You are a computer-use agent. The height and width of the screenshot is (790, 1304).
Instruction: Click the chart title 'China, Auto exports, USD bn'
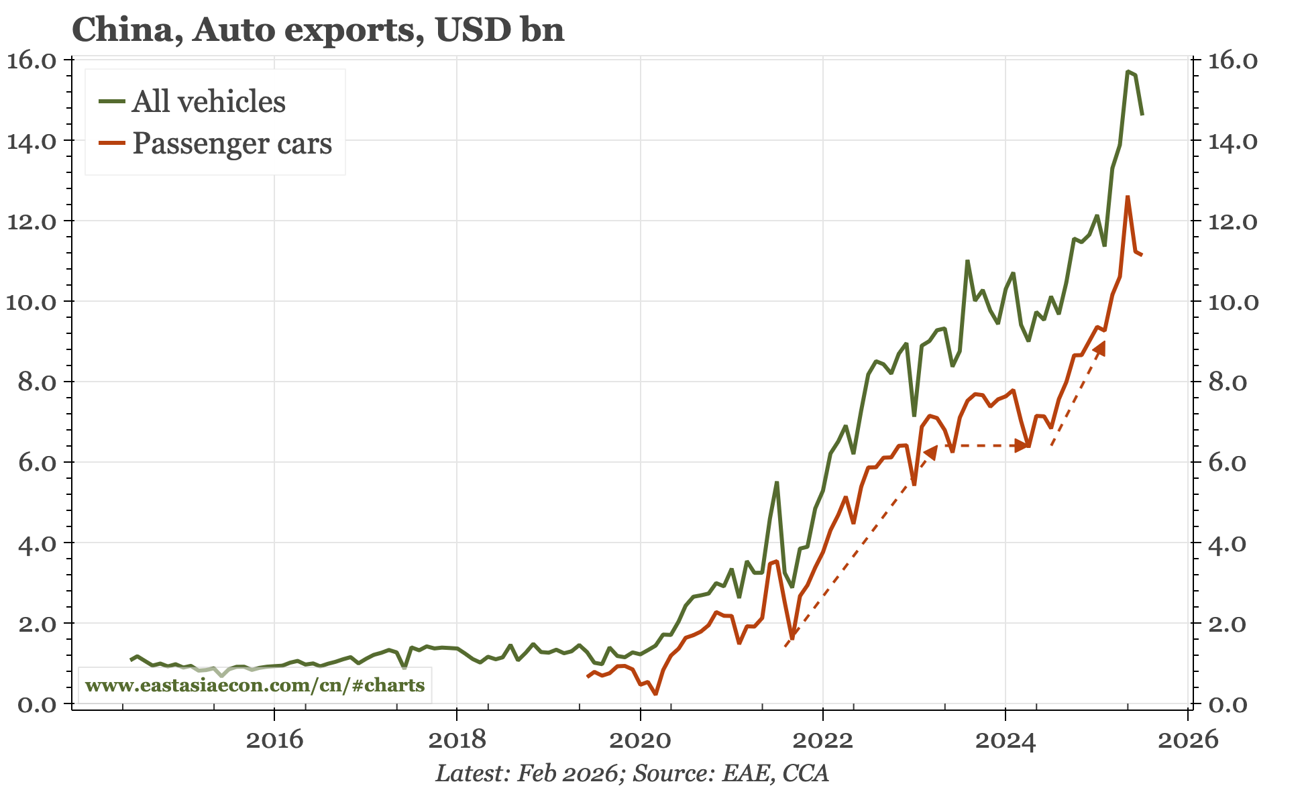pos(317,30)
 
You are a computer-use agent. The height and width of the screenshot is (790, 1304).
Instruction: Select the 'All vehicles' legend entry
pos(209,102)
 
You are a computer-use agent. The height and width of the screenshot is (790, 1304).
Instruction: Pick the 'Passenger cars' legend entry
pos(231,144)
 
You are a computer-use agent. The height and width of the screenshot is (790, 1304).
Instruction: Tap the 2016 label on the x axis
pos(274,740)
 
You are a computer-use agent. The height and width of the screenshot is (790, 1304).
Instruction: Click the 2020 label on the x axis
pos(640,740)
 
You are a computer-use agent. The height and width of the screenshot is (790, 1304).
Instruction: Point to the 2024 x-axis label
pos(1005,740)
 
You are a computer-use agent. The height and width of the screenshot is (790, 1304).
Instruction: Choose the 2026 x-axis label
pos(1187,740)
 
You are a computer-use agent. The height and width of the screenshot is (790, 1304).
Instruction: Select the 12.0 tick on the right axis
pos(1233,221)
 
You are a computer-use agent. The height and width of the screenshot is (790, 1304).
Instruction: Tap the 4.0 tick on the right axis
pos(1233,543)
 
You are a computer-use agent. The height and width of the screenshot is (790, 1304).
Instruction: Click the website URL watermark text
pos(255,685)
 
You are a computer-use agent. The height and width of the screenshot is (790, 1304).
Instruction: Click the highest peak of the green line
pos(1128,71)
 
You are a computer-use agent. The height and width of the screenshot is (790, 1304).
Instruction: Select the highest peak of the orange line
pos(1128,196)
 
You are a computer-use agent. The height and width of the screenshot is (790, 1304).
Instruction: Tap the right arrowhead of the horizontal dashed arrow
pos(1022,445)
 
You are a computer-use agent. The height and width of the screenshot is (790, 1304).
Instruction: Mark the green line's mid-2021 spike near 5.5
pos(776,482)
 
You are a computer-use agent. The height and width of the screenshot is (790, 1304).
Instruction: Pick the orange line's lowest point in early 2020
pos(655,693)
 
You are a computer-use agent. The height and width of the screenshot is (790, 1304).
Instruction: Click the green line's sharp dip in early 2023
pos(914,415)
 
